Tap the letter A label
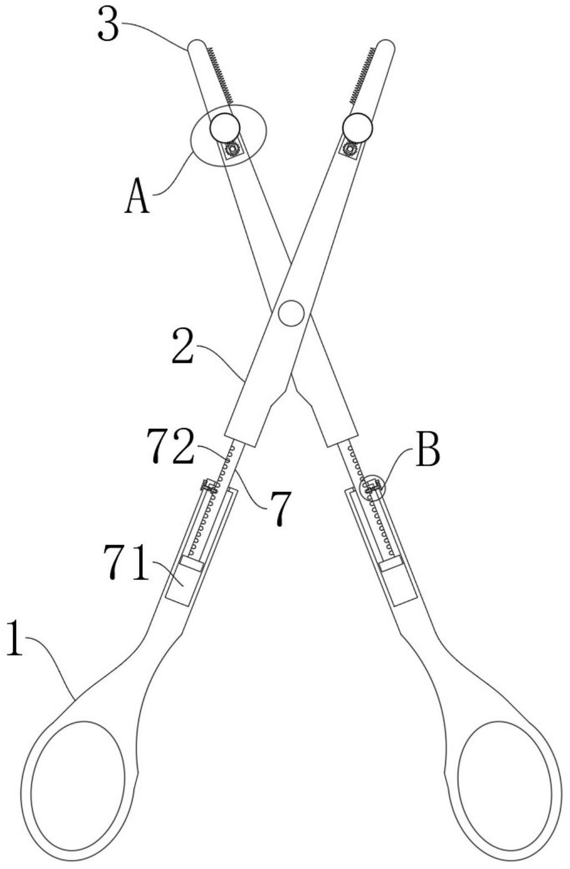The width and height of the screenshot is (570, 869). click(137, 198)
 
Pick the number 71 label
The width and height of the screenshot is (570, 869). click(126, 563)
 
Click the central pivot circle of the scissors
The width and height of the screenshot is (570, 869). click(291, 313)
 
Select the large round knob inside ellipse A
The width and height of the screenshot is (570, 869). click(225, 128)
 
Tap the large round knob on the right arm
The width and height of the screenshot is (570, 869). click(357, 128)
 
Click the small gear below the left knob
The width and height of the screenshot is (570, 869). click(231, 149)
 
